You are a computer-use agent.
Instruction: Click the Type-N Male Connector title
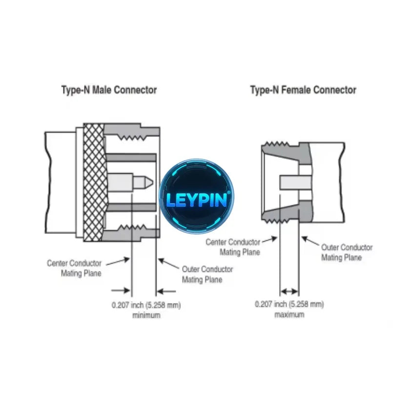pos(109,90)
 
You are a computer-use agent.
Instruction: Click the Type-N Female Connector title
pos(303,90)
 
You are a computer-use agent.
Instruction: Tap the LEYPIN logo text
pos(197,200)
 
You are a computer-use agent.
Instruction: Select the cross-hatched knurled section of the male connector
pos(94,182)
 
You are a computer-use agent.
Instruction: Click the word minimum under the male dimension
pos(146,315)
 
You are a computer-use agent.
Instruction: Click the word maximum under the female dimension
pos(290,314)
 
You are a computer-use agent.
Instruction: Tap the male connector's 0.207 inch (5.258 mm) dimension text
pos(146,305)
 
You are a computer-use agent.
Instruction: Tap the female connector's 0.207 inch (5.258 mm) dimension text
pos(290,304)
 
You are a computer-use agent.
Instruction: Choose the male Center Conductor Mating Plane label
pos(74,268)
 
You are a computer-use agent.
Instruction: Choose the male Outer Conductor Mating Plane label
pos(207,274)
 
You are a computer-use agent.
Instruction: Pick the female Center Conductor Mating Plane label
pos(233,247)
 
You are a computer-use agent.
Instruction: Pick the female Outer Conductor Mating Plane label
pos(347,252)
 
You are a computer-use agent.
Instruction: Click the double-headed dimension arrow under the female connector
pos(290,291)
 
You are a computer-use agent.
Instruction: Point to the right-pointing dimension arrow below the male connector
pos(121,291)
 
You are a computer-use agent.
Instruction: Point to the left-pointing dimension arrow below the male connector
pos(166,291)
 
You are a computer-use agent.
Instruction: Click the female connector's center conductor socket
pos(295,182)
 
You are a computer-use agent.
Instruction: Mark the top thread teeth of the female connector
pos(276,144)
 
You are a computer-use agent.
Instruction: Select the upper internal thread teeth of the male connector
pos(131,138)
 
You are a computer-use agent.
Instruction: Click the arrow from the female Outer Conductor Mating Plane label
pos(310,241)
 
